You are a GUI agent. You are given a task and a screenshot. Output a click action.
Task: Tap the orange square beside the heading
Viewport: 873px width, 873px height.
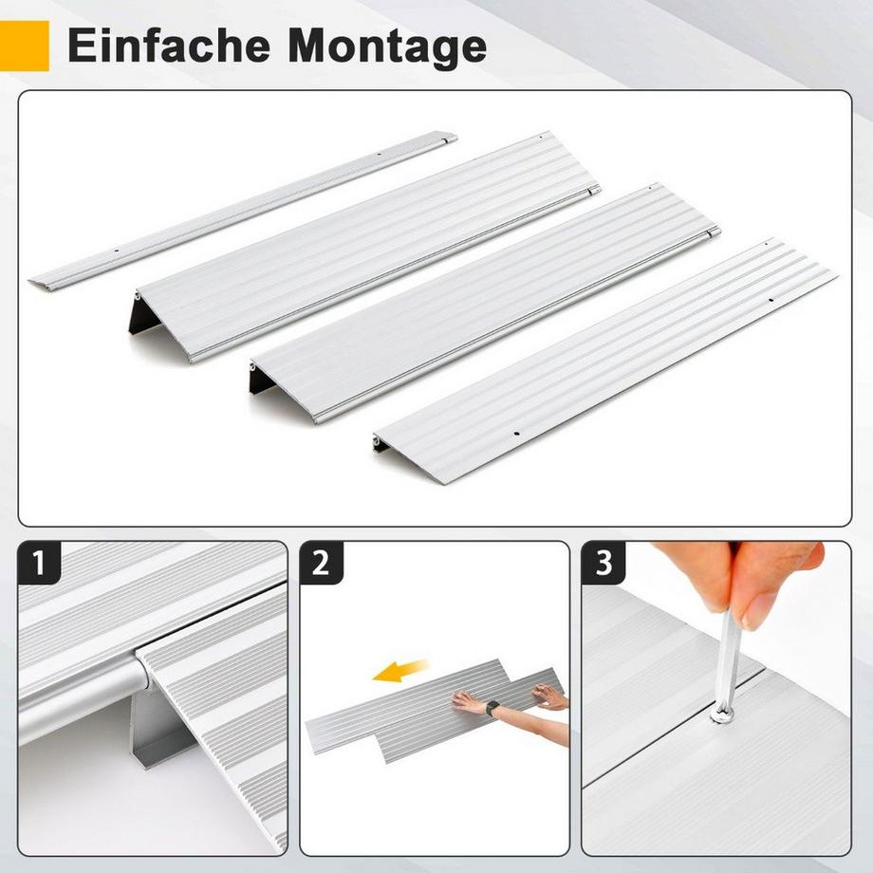tap(24, 46)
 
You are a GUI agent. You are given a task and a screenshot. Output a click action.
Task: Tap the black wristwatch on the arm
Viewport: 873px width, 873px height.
tap(492, 708)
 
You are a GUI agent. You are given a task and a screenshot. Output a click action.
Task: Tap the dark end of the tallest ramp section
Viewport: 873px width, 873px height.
tap(145, 313)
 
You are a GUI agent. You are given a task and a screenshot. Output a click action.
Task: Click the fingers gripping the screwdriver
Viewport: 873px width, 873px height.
tap(750, 584)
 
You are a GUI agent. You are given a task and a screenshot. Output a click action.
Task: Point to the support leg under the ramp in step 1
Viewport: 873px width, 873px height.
tap(152, 731)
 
